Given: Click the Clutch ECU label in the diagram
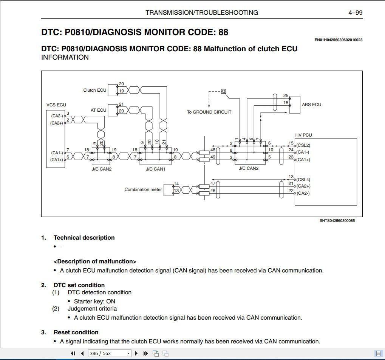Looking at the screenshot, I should [x=95, y=90].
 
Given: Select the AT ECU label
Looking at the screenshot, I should [x=98, y=110].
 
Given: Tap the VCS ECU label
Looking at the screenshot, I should [x=56, y=105].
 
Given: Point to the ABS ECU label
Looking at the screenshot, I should [x=312, y=104].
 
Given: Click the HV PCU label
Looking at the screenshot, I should [x=304, y=135].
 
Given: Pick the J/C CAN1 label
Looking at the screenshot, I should [x=156, y=169].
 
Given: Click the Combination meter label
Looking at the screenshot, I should [x=143, y=189].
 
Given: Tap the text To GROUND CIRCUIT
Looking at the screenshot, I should [x=209, y=112].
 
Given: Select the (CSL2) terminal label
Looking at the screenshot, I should [x=303, y=145].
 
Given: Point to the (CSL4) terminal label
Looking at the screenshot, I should [x=303, y=180].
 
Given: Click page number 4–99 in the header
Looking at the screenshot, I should [x=355, y=12].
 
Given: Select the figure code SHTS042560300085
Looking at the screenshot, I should [x=337, y=221].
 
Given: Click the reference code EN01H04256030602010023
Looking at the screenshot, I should [x=339, y=40].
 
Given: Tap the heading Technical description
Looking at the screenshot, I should [x=84, y=238].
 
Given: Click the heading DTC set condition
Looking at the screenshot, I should [x=79, y=285].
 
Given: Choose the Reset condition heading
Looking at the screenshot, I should [x=76, y=332].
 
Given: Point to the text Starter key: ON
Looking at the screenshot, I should [x=94, y=302].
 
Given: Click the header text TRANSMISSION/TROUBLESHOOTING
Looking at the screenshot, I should [x=202, y=12].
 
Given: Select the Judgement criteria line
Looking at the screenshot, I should [x=92, y=309].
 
